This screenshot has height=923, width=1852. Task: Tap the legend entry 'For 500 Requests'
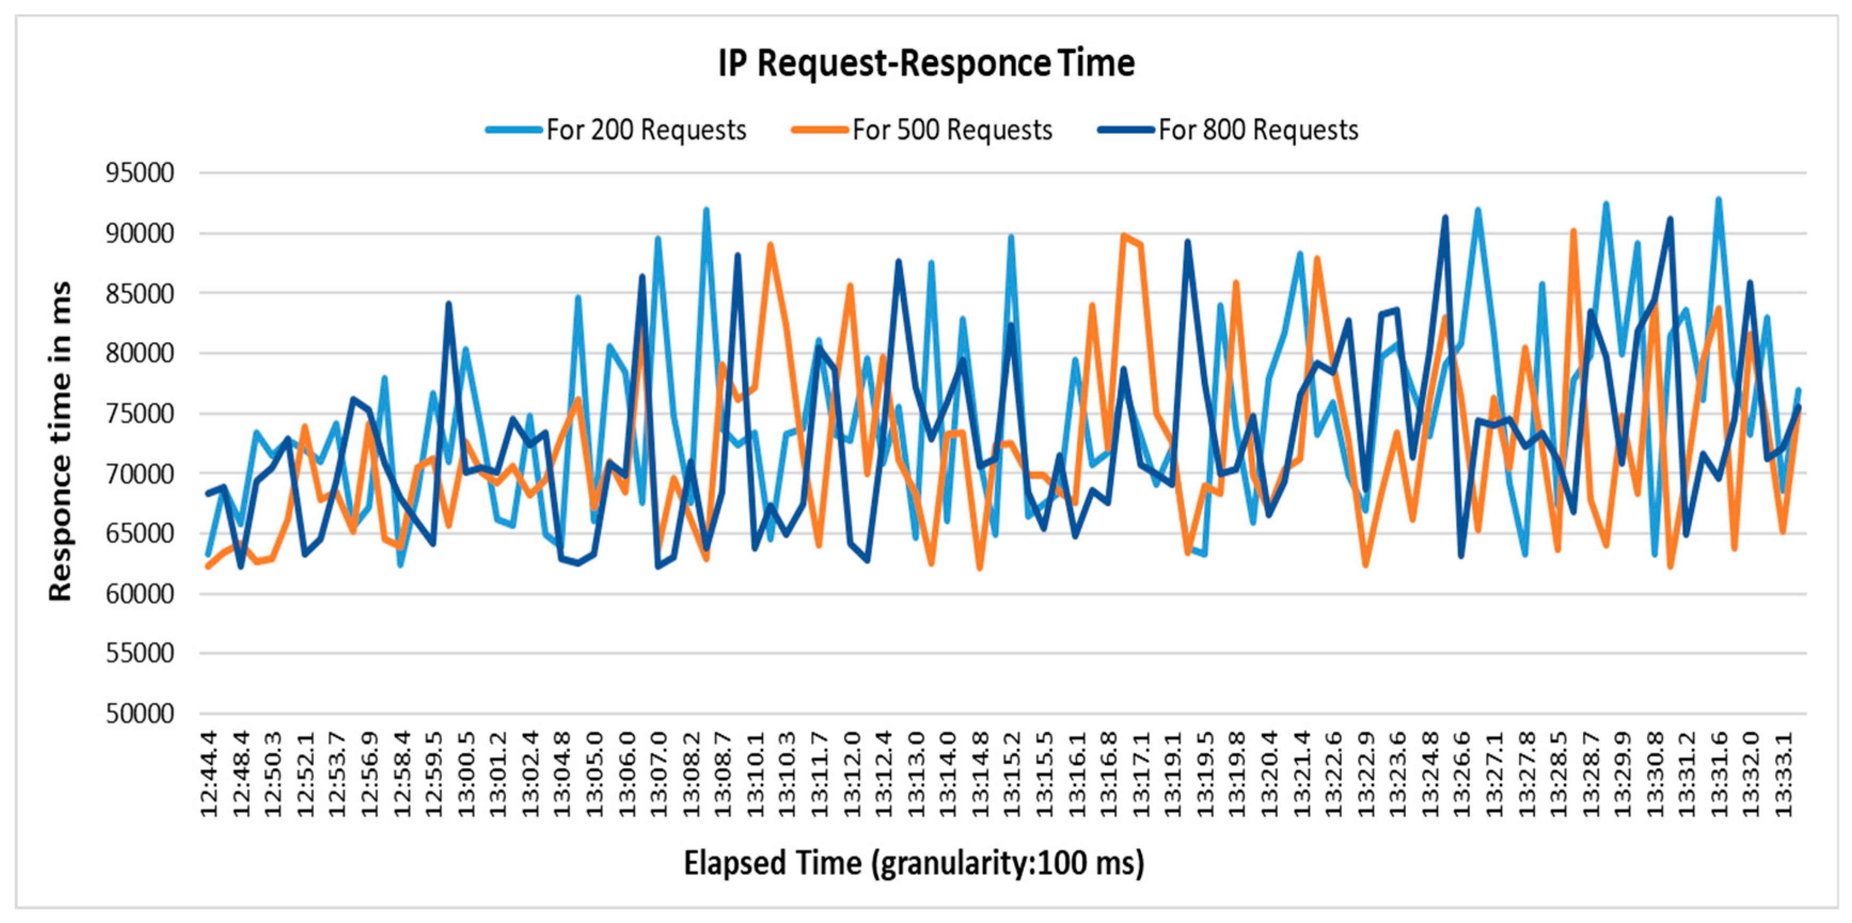click(922, 130)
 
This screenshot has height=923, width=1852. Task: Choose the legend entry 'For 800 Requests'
click(1229, 130)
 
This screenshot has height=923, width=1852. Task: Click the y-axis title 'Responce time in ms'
click(60, 441)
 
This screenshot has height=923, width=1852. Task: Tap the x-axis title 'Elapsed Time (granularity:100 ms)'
click(914, 863)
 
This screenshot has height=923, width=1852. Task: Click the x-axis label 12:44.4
click(209, 774)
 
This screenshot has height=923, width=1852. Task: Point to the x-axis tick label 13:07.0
click(659, 774)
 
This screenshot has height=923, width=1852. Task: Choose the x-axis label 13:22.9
click(1366, 774)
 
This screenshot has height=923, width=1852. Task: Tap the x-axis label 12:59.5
click(433, 774)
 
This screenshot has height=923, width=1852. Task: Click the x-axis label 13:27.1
click(1494, 774)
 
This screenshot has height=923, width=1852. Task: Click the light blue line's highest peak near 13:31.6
click(1718, 199)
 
